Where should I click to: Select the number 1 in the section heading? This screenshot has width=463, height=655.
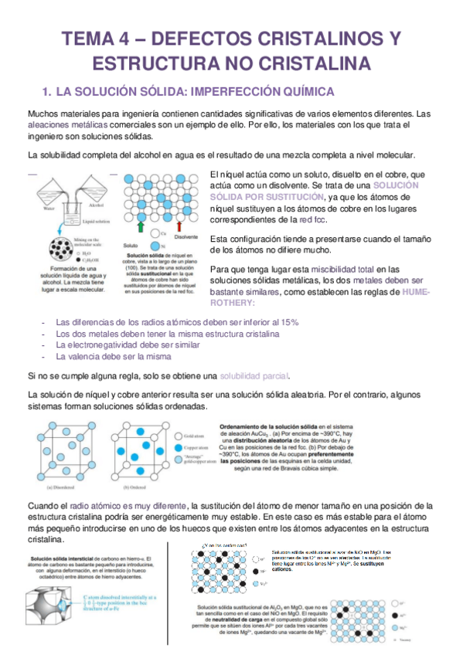(46, 91)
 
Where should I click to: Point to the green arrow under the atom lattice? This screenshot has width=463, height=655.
(139, 226)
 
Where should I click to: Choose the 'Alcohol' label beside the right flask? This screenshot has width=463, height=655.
(97, 208)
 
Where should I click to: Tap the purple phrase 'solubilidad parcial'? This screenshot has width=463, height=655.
(254, 376)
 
